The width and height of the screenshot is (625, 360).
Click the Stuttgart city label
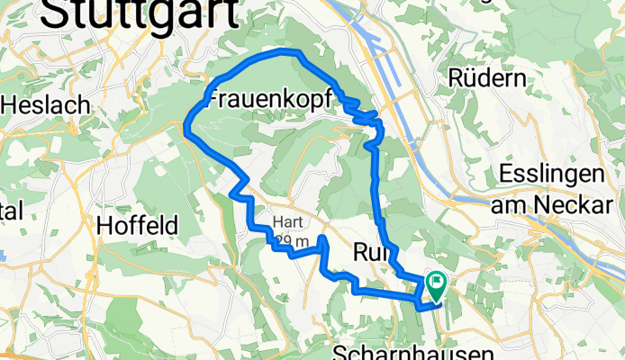click(140, 13)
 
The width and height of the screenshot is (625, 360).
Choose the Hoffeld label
click(137, 225)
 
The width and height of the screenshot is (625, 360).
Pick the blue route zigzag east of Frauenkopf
click(362, 114)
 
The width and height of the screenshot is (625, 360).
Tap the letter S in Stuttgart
click(56, 13)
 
